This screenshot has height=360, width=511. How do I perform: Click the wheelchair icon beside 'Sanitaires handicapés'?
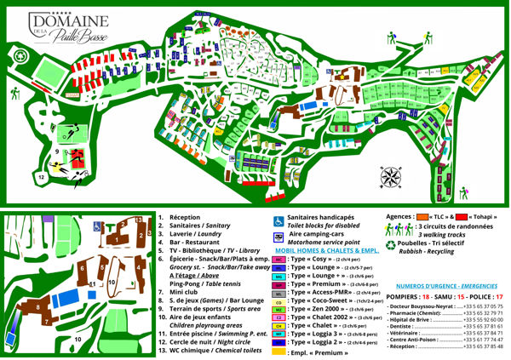(x=278, y=221)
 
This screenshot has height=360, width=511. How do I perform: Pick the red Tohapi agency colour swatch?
(x=465, y=217)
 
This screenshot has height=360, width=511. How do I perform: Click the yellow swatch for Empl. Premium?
(x=278, y=350)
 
